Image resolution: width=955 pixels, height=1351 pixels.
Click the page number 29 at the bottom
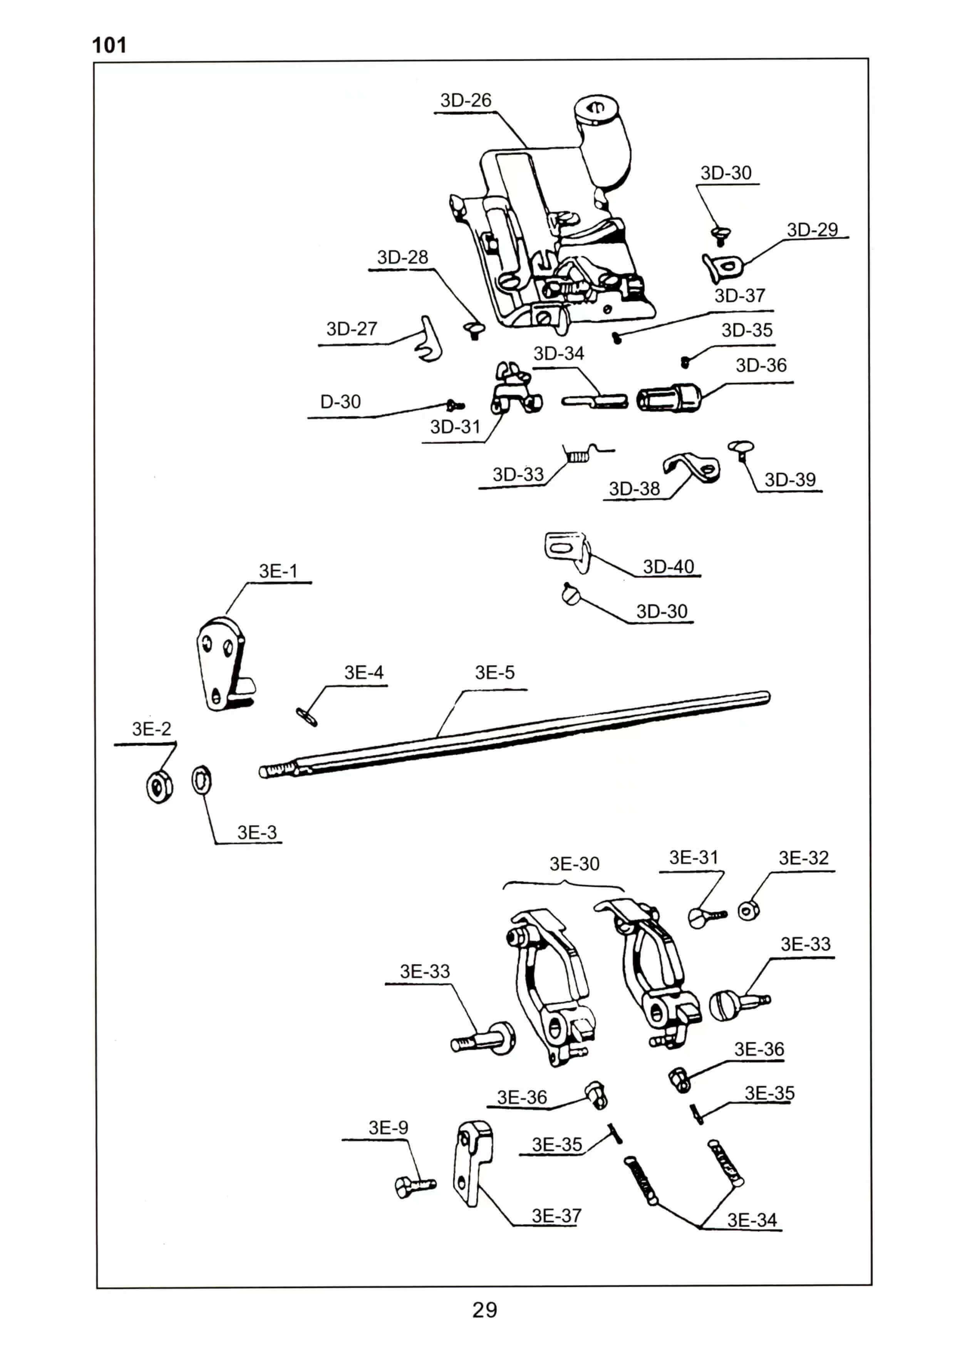click(x=484, y=1310)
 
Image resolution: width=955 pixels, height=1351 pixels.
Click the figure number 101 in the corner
click(x=109, y=45)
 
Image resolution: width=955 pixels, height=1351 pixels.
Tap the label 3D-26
click(x=466, y=101)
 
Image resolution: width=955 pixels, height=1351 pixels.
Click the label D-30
click(x=340, y=402)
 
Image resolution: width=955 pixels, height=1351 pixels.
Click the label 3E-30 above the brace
click(x=574, y=864)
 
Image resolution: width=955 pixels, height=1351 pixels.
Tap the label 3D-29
click(x=812, y=230)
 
